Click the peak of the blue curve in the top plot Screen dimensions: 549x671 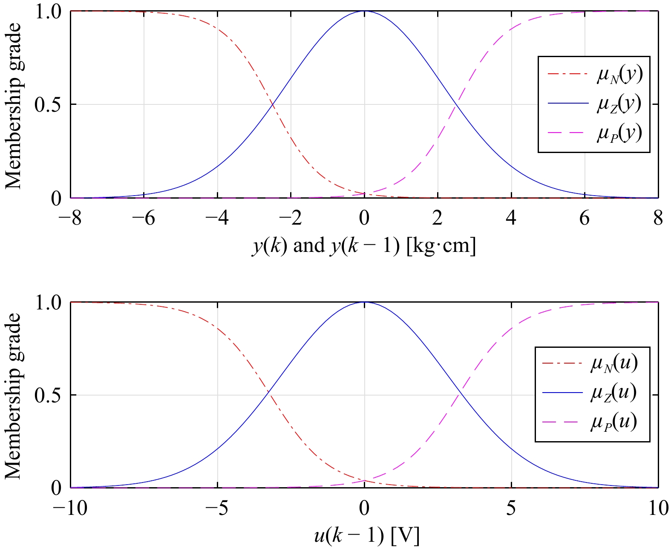364,11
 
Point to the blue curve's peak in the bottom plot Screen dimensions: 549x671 364,302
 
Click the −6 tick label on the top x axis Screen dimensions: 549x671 144,218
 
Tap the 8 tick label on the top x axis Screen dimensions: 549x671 658,218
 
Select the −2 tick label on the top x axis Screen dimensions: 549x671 291,218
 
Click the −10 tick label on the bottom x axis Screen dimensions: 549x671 70,509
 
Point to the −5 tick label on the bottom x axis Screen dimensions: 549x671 217,509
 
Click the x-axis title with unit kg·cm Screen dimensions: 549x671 364,246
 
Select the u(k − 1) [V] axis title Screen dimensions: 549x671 366,536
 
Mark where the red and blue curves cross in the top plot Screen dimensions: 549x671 272,104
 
